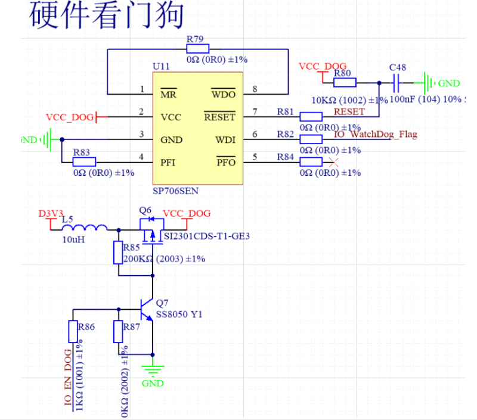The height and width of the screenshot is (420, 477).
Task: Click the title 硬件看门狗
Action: click(107, 16)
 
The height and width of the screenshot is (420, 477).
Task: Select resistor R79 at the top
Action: click(197, 49)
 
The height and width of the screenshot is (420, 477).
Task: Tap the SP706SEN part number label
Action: click(175, 191)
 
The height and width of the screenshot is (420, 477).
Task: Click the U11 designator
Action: click(161, 66)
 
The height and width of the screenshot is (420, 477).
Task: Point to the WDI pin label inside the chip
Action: click(225, 140)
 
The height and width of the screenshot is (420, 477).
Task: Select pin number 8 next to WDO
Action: click(255, 90)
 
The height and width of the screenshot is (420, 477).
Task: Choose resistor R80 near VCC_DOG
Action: click(345, 83)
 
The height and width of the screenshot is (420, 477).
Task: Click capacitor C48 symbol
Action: click(397, 83)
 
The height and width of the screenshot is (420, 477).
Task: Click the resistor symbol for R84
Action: click(311, 163)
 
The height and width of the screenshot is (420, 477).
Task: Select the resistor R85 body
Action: click(119, 253)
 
